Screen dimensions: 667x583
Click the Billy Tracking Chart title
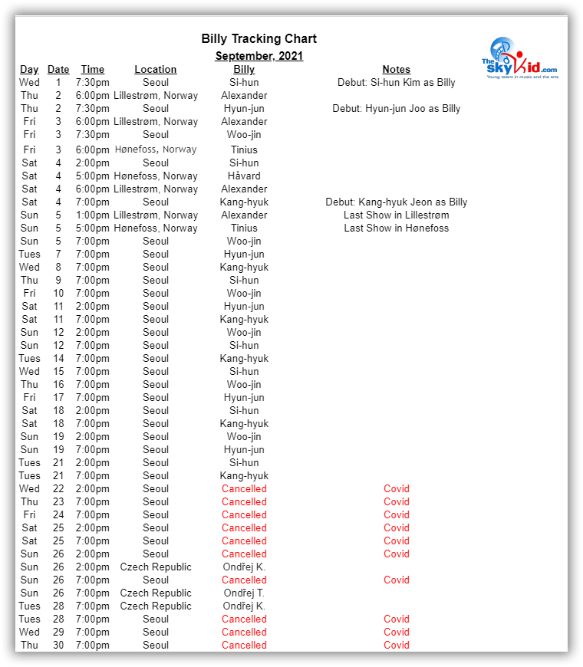(259, 39)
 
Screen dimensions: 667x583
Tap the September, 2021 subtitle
(259, 56)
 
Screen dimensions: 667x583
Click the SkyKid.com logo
(519, 58)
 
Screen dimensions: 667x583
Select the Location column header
(156, 70)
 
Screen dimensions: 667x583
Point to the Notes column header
(396, 70)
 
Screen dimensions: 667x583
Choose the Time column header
(92, 70)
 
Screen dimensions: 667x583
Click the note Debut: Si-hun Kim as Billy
(396, 83)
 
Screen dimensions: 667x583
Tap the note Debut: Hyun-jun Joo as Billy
(396, 109)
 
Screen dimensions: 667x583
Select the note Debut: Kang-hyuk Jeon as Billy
(396, 202)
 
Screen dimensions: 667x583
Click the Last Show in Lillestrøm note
(396, 215)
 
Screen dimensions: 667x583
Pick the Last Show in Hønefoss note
(396, 228)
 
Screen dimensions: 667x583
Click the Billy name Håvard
(244, 176)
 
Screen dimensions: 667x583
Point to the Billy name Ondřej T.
(244, 593)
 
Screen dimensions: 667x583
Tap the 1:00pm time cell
(92, 215)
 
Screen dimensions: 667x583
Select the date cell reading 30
(58, 646)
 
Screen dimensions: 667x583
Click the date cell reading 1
(58, 83)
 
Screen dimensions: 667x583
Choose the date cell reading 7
(58, 255)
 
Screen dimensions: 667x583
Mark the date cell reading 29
(58, 632)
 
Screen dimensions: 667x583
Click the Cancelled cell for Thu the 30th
(244, 646)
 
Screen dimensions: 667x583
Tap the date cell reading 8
(58, 268)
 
